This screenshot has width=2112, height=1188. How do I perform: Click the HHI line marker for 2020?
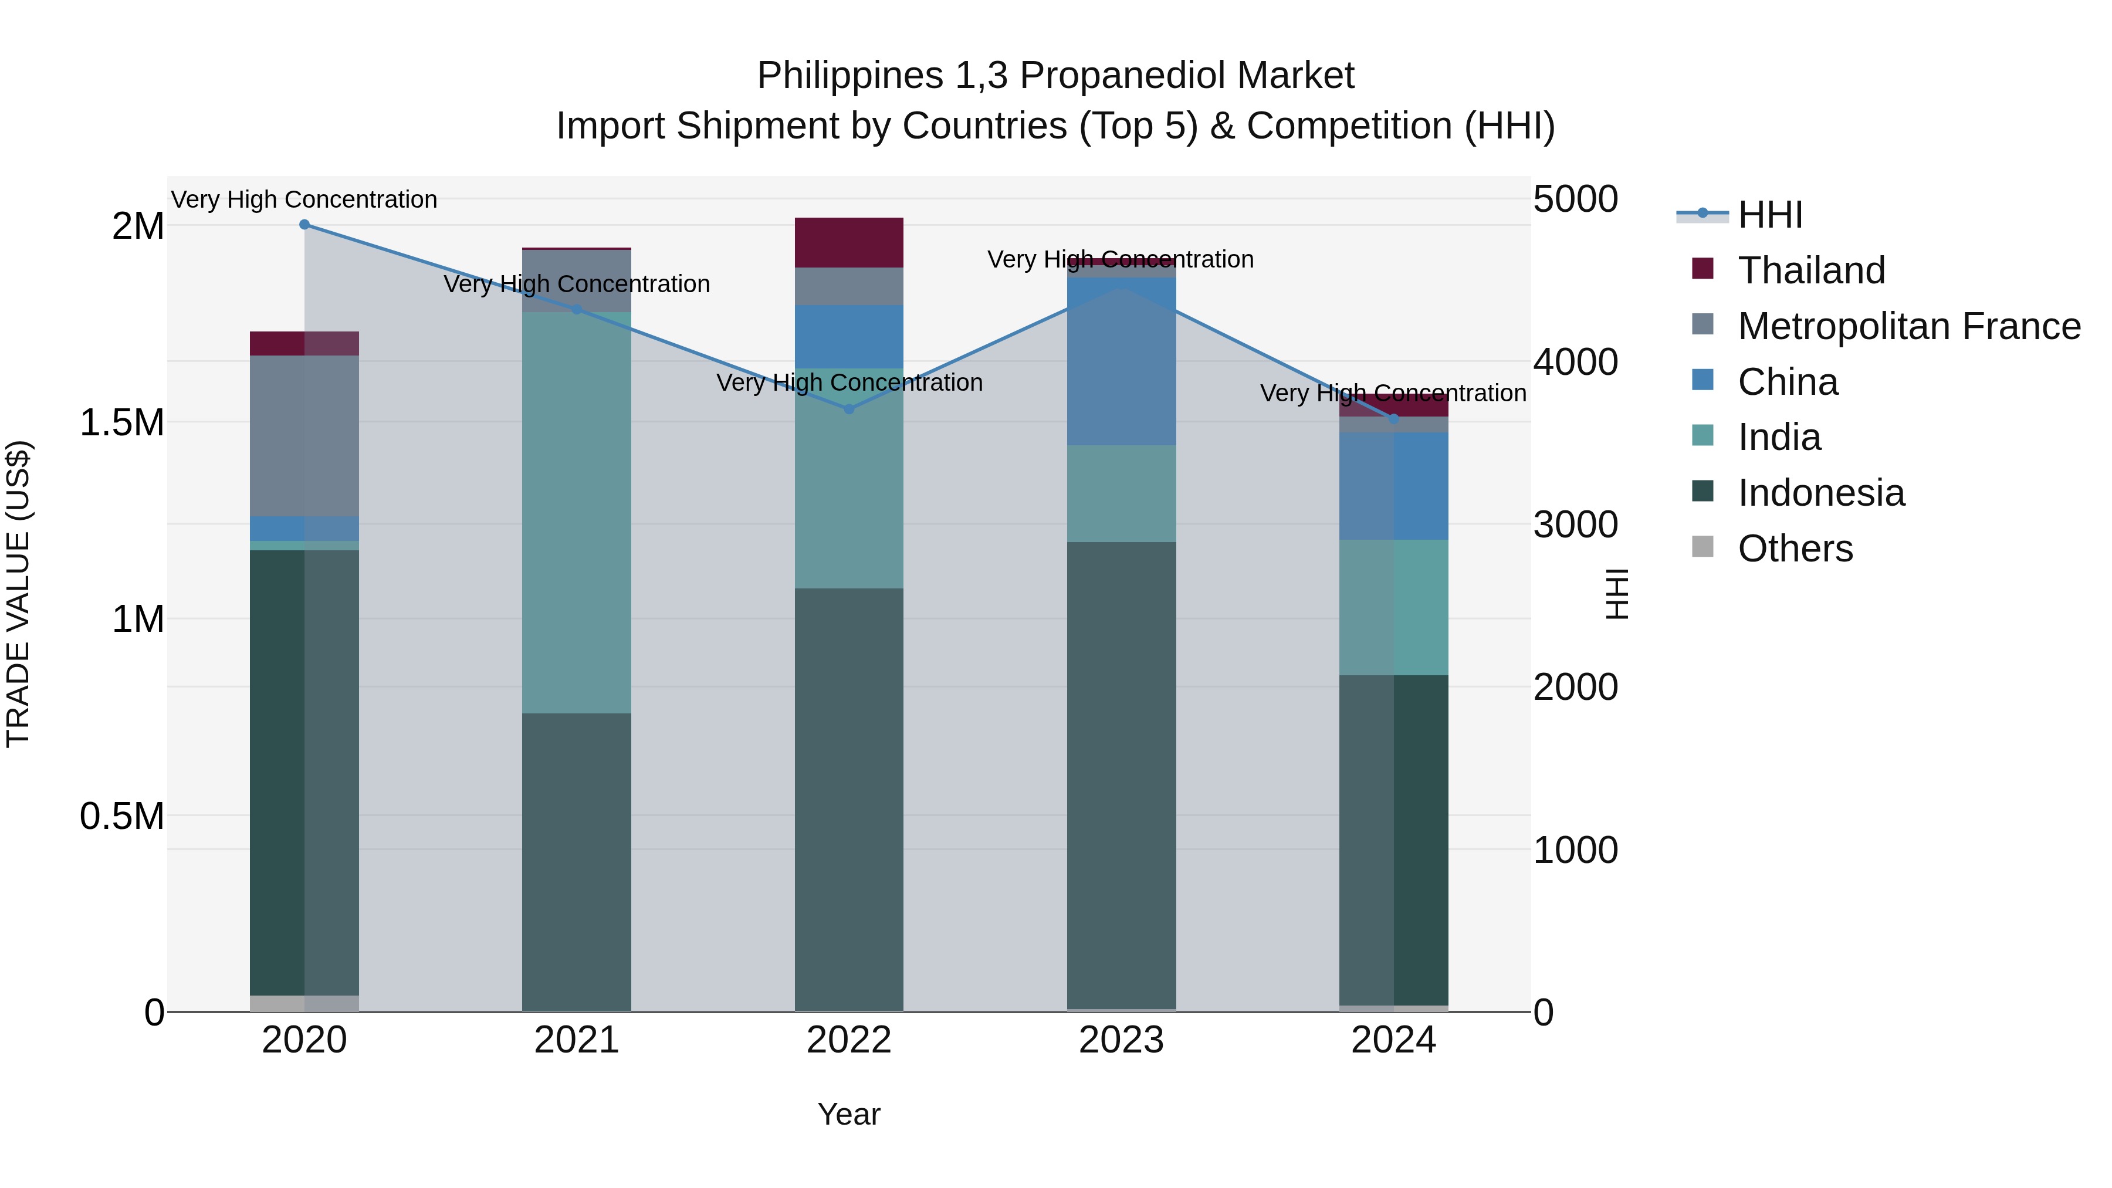tap(304, 225)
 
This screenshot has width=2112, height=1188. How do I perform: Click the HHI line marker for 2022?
tap(849, 409)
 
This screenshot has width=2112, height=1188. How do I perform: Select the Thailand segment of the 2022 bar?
tap(849, 243)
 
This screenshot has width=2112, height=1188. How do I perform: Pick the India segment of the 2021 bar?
tap(576, 512)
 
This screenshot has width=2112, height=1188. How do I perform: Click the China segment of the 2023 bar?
tap(1122, 361)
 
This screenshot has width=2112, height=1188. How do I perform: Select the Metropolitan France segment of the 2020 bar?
tap(304, 435)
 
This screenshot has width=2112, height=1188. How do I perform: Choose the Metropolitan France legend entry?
tap(1908, 326)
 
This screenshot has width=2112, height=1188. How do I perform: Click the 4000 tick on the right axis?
tap(1575, 363)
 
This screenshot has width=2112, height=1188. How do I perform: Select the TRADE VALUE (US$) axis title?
tap(18, 594)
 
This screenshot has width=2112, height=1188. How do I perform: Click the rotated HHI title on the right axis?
tap(1617, 594)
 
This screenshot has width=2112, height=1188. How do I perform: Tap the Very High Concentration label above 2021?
tap(576, 285)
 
